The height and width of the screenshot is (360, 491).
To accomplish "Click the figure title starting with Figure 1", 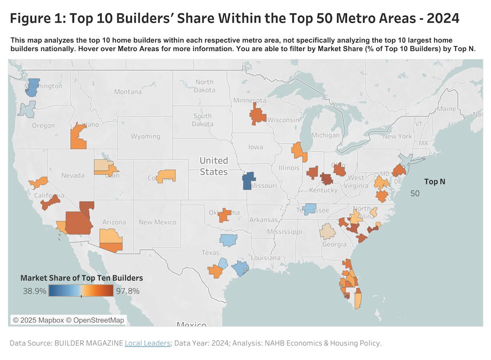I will pyautogui.click(x=234, y=19).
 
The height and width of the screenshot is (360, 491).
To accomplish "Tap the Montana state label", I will pyautogui.click(x=128, y=91).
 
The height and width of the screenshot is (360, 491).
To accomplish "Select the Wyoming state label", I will pyautogui.click(x=145, y=136).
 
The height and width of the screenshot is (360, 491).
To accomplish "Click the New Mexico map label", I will pyautogui.click(x=157, y=222).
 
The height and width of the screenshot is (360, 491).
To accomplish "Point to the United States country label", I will pyautogui.click(x=213, y=166).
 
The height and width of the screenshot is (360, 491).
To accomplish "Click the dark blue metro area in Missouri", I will pyautogui.click(x=248, y=180).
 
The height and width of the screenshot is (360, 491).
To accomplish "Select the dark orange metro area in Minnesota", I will pyautogui.click(x=258, y=114).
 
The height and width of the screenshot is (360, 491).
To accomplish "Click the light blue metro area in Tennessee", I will pyautogui.click(x=309, y=208).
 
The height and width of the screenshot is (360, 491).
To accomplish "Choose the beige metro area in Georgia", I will pyautogui.click(x=328, y=231).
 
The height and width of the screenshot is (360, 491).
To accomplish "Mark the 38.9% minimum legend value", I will pyautogui.click(x=34, y=290).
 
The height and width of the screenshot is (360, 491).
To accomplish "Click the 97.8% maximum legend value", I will pyautogui.click(x=127, y=290).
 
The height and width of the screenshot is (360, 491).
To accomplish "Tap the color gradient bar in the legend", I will pyautogui.click(x=81, y=291).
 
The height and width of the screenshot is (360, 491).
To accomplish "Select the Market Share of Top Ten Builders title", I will pyautogui.click(x=81, y=277).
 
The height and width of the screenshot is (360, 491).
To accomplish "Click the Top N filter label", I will pyautogui.click(x=434, y=181).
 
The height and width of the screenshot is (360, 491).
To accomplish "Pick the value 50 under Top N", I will pyautogui.click(x=414, y=193).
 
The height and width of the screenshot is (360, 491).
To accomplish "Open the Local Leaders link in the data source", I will pyautogui.click(x=147, y=343).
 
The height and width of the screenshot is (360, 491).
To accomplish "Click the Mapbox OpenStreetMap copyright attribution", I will pyautogui.click(x=68, y=319).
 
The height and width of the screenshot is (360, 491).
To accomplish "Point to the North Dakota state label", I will pyautogui.click(x=204, y=85).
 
